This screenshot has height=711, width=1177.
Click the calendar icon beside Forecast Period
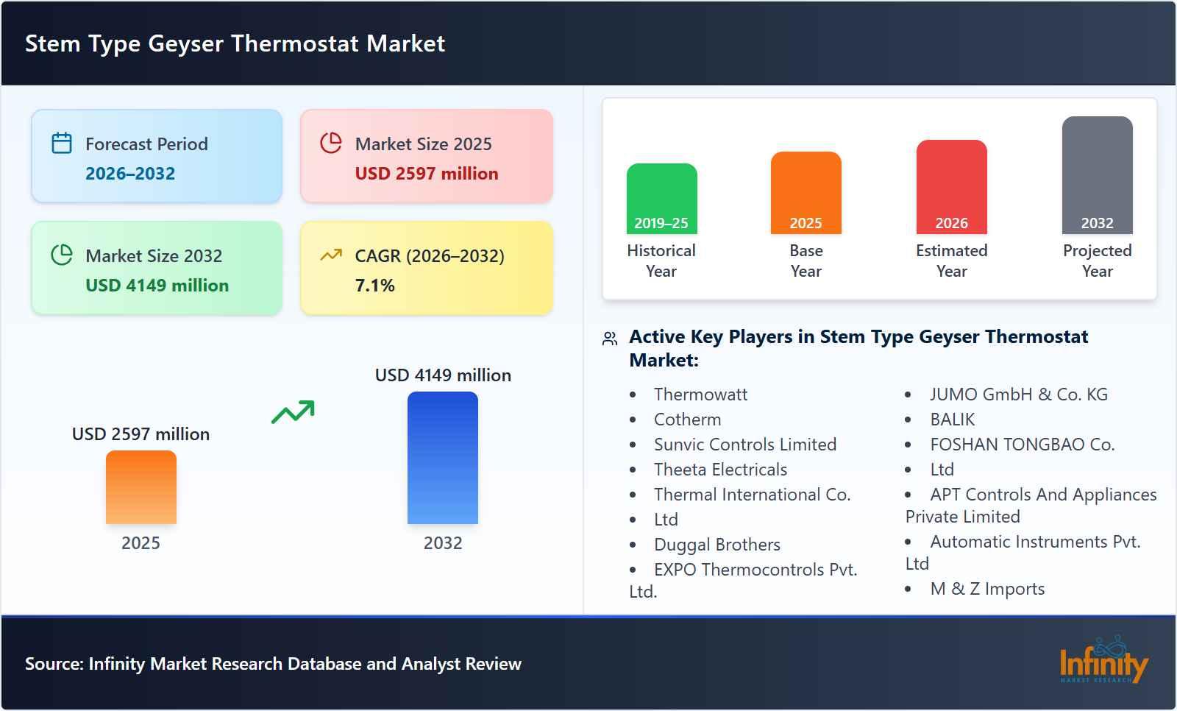(x=62, y=143)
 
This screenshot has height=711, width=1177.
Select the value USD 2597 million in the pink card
(x=426, y=174)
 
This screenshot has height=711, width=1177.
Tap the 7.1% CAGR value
(x=374, y=286)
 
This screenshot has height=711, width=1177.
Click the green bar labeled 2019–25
(x=661, y=199)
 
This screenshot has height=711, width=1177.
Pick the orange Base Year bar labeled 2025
(x=806, y=193)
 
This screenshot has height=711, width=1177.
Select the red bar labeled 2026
(x=951, y=187)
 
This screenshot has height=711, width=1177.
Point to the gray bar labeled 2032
(x=1097, y=175)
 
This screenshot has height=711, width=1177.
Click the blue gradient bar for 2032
(x=443, y=458)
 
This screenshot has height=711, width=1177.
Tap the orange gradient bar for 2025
(x=141, y=487)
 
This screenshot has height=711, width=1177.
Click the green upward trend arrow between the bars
(x=293, y=412)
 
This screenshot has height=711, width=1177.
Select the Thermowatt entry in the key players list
(x=700, y=395)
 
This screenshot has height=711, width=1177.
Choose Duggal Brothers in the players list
(x=716, y=545)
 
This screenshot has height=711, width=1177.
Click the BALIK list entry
(x=952, y=420)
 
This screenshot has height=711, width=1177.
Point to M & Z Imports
(x=987, y=589)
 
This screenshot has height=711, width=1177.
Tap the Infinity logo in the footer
(x=1103, y=661)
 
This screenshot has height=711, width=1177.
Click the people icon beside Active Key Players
(x=610, y=339)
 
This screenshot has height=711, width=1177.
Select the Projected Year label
(x=1097, y=261)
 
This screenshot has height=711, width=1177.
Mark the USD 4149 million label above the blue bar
(x=443, y=375)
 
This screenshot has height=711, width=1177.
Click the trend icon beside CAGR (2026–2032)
(x=331, y=255)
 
